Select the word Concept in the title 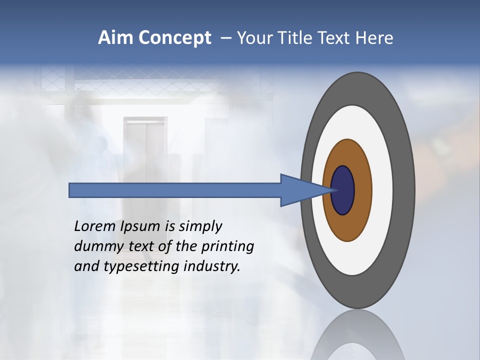click(174, 38)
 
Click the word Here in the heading click(374, 38)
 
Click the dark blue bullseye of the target click(343, 190)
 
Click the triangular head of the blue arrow click(300, 190)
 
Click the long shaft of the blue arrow click(175, 190)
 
